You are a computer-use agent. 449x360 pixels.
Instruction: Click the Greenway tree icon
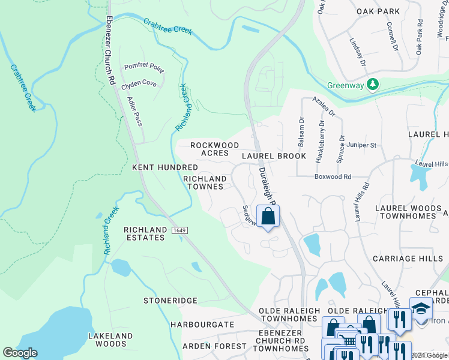pos(373,85)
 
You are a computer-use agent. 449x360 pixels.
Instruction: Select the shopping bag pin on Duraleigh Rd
pos(268,217)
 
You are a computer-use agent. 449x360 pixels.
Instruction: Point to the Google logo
pos(20,353)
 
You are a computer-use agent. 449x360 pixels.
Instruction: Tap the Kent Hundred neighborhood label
pos(164,167)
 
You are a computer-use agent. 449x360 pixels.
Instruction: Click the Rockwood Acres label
pos(214,149)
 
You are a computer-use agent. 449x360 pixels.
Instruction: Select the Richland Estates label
pos(144,233)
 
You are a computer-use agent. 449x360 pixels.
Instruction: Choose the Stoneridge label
pos(170,300)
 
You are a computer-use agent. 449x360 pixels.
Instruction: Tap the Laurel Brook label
pos(274,156)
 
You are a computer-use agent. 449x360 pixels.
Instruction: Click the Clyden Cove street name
pos(139,84)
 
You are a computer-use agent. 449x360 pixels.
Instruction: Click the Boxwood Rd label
pos(333,176)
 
